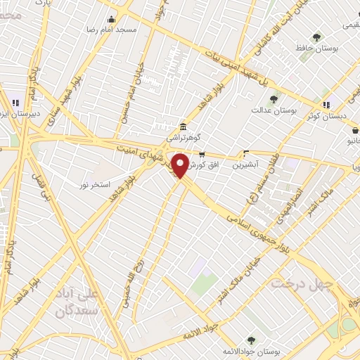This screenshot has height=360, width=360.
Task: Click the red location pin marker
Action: click(181, 165)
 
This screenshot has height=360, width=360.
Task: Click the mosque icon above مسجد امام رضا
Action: click(111, 19)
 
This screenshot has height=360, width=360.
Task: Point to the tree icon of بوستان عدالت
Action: click(274, 99)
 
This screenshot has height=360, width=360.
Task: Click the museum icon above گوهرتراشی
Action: click(183, 127)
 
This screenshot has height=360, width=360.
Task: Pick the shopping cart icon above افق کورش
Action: click(202, 155)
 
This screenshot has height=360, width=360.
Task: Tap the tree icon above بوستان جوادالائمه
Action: click(251, 337)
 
